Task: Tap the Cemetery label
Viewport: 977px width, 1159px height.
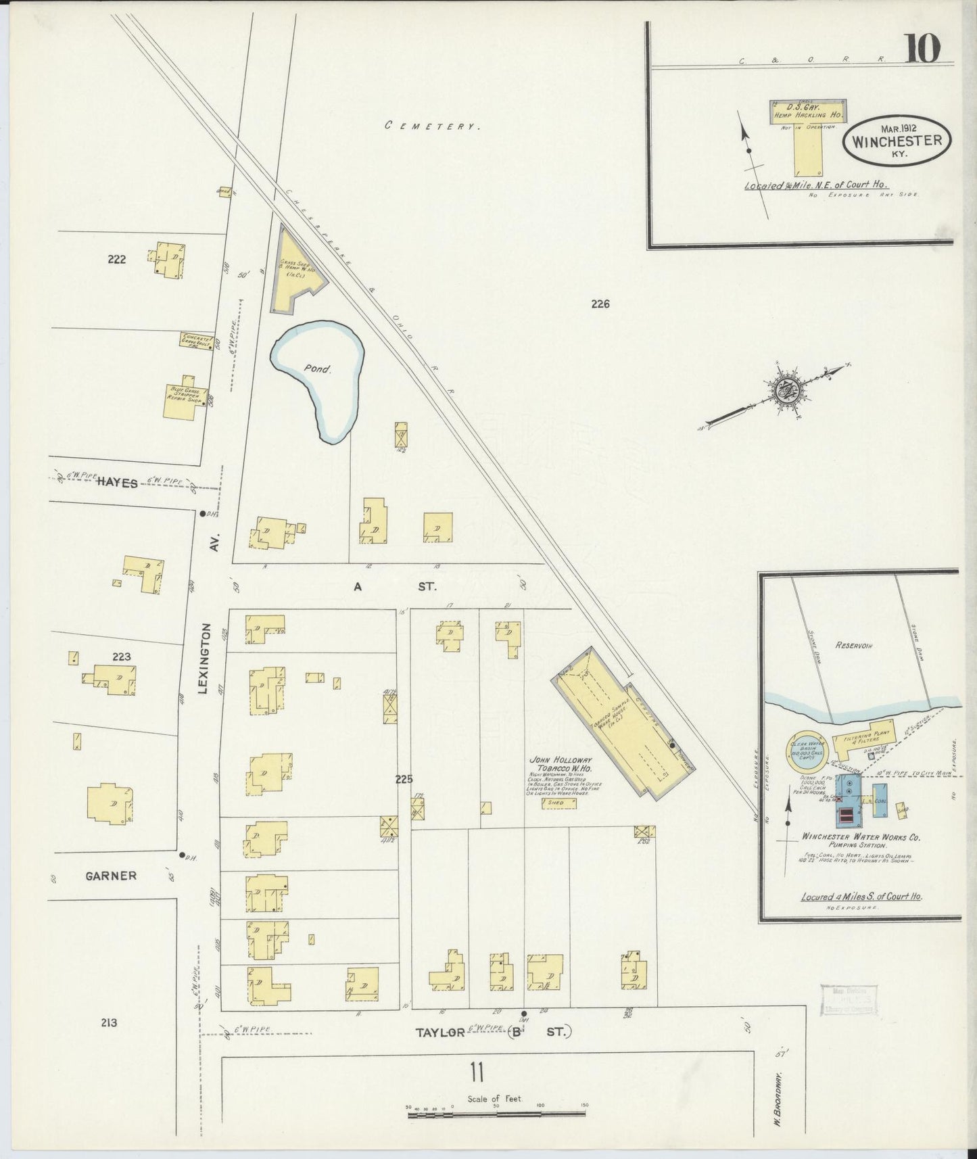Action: tap(432, 126)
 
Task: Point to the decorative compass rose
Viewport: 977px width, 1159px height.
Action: tap(784, 392)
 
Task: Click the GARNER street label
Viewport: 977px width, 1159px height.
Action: tap(111, 876)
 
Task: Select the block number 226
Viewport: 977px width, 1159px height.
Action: tap(600, 304)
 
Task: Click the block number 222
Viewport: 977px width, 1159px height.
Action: tap(116, 259)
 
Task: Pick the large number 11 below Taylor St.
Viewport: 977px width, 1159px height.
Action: tap(477, 1072)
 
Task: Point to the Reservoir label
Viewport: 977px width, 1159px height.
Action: tap(853, 646)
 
